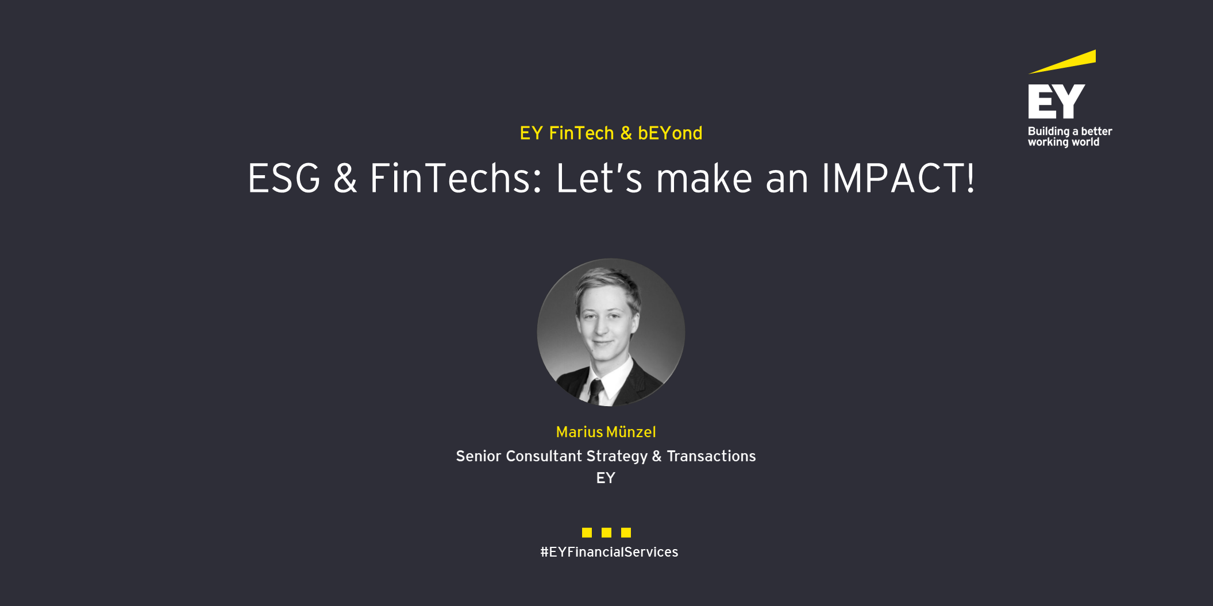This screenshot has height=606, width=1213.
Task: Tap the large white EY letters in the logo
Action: (x=1056, y=101)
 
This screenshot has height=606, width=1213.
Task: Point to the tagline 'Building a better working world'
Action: (x=1069, y=137)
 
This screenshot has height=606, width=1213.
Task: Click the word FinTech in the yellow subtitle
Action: (x=582, y=133)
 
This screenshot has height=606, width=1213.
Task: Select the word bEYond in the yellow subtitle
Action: (x=670, y=133)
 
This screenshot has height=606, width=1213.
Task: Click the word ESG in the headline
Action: (x=284, y=178)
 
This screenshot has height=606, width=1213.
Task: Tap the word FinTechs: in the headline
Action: (x=456, y=178)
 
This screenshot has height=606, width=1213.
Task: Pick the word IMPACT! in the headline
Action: (x=898, y=178)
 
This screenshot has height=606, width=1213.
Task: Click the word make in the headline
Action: (x=704, y=178)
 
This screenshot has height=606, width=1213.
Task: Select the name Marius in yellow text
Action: (x=579, y=432)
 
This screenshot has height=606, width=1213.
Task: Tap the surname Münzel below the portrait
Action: (x=631, y=432)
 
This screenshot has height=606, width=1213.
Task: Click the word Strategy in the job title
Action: (x=617, y=457)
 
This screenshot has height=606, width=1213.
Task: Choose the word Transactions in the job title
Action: (x=711, y=456)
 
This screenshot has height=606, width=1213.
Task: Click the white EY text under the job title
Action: (x=606, y=478)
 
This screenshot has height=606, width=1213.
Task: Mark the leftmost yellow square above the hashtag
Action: (x=587, y=532)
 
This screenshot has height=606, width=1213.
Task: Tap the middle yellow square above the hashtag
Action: (x=606, y=532)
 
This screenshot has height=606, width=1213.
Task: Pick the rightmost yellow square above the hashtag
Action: (x=626, y=532)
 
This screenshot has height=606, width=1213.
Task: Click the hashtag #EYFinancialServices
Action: (x=609, y=552)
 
